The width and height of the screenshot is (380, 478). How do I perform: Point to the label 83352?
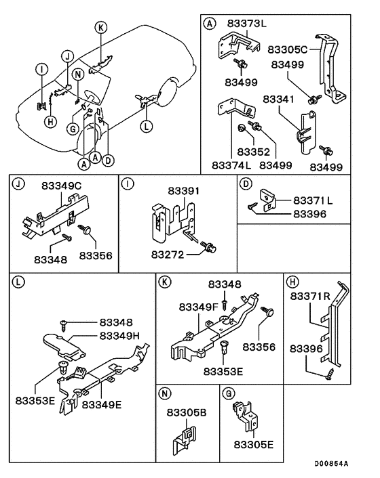pyautogui.click(x=254, y=152)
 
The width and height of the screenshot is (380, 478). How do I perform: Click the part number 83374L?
pyautogui.click(x=232, y=165)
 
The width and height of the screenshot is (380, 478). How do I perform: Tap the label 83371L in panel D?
pyautogui.click(x=313, y=201)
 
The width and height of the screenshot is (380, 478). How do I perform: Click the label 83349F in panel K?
pyautogui.click(x=199, y=307)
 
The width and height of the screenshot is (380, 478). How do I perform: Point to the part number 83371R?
pyautogui.click(x=311, y=297)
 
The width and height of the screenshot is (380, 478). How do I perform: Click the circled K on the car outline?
pyautogui.click(x=100, y=27)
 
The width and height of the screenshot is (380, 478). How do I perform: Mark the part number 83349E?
pyautogui.click(x=102, y=405)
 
